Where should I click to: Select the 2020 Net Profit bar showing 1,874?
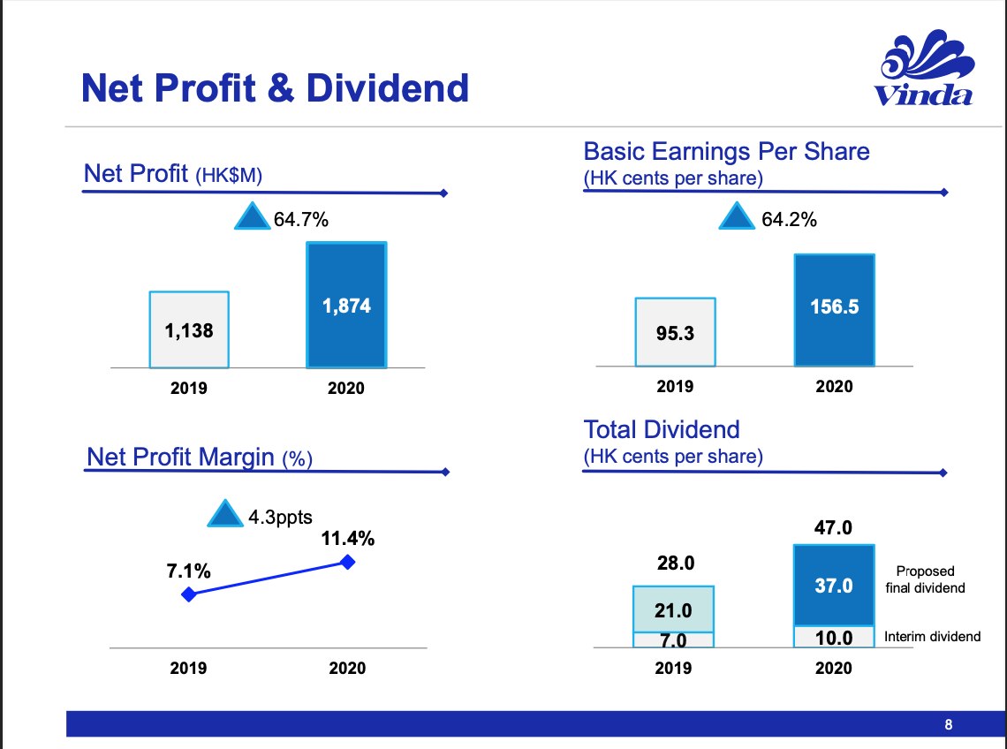point(346,305)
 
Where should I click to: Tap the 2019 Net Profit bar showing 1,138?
point(189,329)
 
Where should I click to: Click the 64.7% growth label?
point(301,220)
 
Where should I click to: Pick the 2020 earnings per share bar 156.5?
point(834,310)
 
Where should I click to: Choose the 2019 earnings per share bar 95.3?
point(676,332)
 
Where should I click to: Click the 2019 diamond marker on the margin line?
point(187,594)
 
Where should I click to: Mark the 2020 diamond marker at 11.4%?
point(347,562)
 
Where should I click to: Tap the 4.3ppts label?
point(280,518)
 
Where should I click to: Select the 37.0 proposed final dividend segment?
point(833,586)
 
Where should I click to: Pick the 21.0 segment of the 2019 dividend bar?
point(673,609)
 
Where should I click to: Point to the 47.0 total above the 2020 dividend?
point(833,528)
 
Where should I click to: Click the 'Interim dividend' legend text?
point(932,636)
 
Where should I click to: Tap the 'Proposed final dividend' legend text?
point(925,579)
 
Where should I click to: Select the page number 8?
point(949,725)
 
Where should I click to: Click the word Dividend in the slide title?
point(388,88)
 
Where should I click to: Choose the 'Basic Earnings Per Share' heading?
point(726,151)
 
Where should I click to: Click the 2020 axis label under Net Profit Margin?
point(347,669)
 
